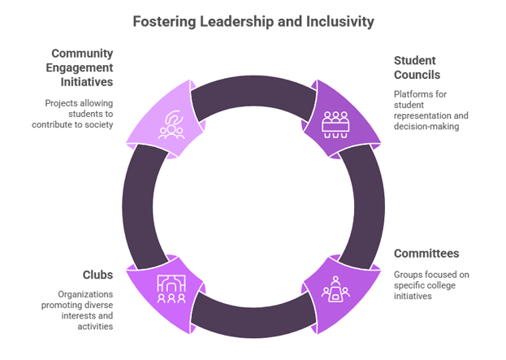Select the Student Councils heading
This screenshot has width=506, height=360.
[416, 67]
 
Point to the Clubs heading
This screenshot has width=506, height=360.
[98, 275]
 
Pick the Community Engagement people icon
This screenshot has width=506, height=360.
[171, 124]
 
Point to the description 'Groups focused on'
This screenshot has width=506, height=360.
[431, 286]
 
